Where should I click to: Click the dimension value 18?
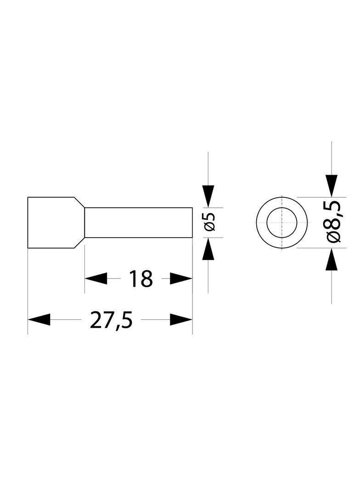pos(141,278)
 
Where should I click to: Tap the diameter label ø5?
pos(210,222)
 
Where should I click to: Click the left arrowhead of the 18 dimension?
pos(96,278)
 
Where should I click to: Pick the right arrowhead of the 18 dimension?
pos(181,278)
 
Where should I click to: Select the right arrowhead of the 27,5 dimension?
pos(181,320)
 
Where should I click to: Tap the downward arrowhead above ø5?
pos(208,196)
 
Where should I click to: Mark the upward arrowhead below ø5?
pos(208,249)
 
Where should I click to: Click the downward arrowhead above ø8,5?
pos(332,186)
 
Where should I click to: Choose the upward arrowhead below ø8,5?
pos(332,259)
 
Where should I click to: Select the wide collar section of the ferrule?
pos(56,222)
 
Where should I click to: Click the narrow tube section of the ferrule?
pos(138,222)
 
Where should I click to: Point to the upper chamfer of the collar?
pos(79,202)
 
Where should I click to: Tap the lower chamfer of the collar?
pos(79,243)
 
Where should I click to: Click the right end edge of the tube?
pos(192,222)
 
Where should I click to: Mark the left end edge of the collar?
pos(28,222)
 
